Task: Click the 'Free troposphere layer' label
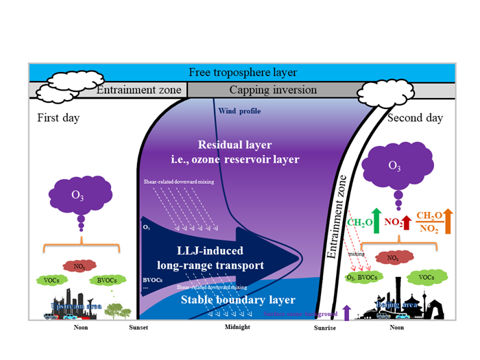click(243, 73)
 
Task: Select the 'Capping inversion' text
click(273, 90)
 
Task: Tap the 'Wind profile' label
click(239, 111)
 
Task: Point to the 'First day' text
click(58, 118)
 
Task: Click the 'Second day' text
click(416, 118)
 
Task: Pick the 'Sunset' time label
click(139, 328)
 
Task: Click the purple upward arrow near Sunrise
click(346, 312)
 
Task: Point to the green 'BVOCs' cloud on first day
click(106, 280)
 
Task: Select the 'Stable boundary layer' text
click(237, 300)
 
